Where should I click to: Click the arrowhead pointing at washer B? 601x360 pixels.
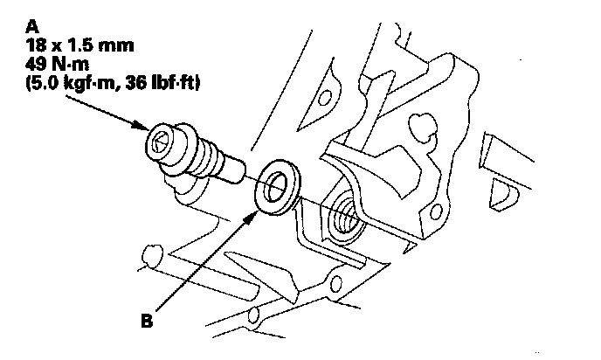[254, 211]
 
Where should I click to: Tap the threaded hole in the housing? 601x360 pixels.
[343, 218]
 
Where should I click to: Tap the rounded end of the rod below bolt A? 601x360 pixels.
[149, 255]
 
